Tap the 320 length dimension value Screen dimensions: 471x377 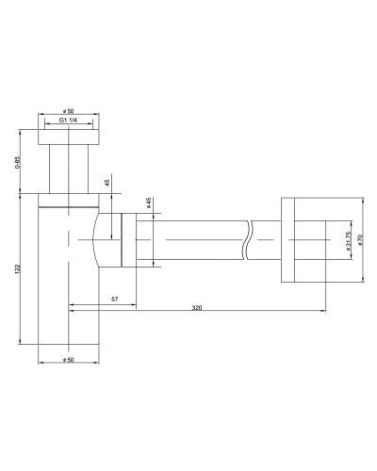197,307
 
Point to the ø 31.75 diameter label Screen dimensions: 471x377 348,240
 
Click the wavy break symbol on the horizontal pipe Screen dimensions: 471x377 248,240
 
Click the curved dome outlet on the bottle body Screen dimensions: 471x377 104,239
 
